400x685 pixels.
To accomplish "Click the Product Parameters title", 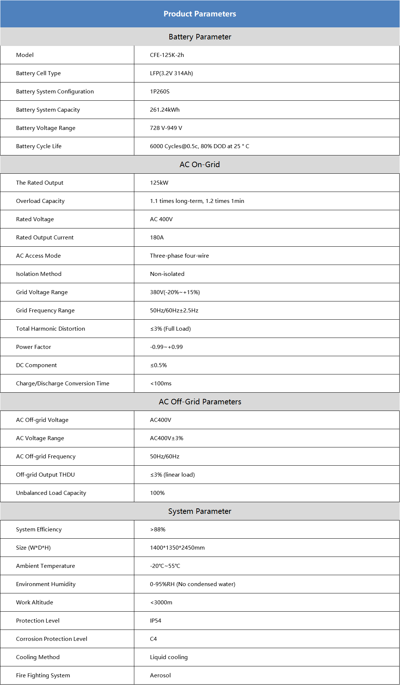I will (x=200, y=14).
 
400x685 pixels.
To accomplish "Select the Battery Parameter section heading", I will (x=200, y=37).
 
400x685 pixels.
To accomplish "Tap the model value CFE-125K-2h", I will (x=167, y=55).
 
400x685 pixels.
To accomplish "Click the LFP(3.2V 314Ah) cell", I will (x=171, y=73).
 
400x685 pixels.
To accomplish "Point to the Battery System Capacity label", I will (x=48, y=110).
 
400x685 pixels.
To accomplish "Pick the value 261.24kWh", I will (x=165, y=110).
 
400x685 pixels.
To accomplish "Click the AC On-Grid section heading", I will (x=200, y=165).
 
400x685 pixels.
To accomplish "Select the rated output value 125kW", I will (x=159, y=183).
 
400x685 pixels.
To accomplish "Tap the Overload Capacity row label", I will (x=40, y=201).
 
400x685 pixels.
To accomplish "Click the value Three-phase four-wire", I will (x=179, y=256).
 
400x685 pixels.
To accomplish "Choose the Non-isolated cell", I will (x=167, y=274).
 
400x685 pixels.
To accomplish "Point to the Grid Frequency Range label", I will (x=45, y=311).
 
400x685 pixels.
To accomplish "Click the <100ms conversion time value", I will (x=161, y=384).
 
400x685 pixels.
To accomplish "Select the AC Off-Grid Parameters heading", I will (x=200, y=402).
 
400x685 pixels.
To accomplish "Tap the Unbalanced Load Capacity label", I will (x=51, y=493).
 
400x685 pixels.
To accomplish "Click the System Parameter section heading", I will (x=200, y=511).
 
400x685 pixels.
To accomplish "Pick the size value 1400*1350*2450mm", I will (x=177, y=548).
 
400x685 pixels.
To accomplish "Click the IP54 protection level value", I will (x=155, y=621).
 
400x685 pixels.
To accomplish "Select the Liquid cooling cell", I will (x=169, y=657).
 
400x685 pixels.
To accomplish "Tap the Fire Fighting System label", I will (x=43, y=676).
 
